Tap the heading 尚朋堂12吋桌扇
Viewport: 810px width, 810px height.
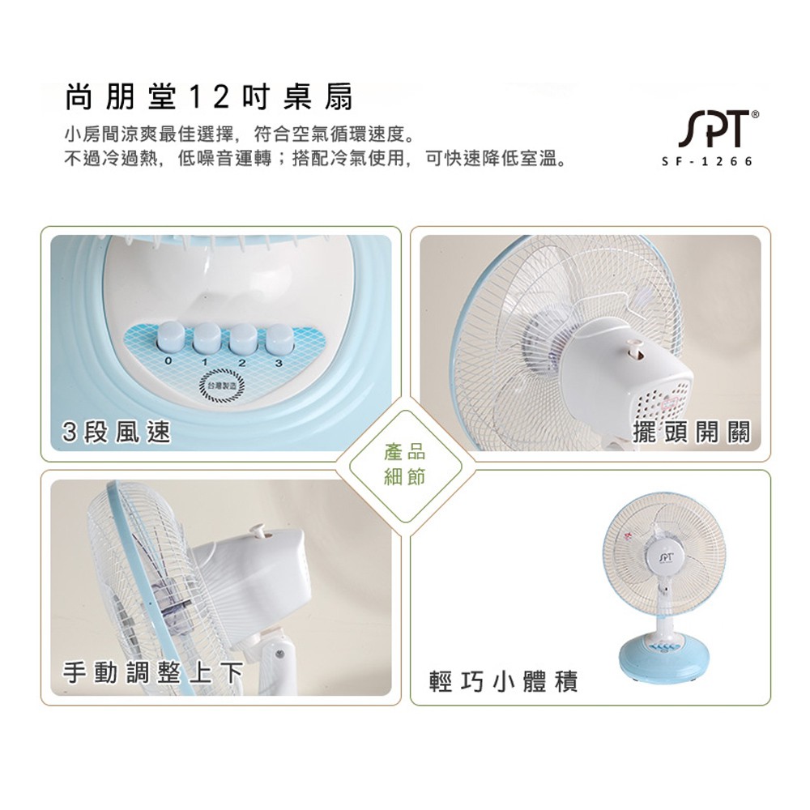[209, 98]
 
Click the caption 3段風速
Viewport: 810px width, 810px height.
[118, 433]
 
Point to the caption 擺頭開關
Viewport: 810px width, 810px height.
[693, 432]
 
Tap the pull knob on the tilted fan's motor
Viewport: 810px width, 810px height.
[259, 530]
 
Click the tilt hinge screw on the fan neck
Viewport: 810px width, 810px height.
[279, 653]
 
